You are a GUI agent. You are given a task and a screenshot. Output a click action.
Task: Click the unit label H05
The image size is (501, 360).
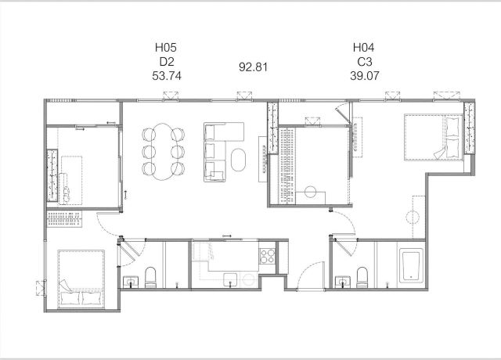pyautogui.click(x=166, y=48)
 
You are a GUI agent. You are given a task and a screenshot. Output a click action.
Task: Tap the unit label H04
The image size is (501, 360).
pyautogui.click(x=363, y=48)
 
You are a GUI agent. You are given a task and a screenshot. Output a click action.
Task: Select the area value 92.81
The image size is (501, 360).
pyautogui.click(x=253, y=67)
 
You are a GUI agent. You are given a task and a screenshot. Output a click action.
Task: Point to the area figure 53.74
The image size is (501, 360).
pyautogui.click(x=167, y=76)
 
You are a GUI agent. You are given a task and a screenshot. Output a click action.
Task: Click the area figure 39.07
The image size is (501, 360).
pyautogui.click(x=365, y=76)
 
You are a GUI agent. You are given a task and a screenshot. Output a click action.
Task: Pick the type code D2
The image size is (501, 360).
pyautogui.click(x=167, y=62)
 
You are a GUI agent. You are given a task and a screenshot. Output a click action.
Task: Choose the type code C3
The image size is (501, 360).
pyautogui.click(x=365, y=62)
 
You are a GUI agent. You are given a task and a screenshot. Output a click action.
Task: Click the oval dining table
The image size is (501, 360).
pyautogui.click(x=164, y=152)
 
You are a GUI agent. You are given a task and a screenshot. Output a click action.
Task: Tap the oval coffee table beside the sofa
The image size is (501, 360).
pyautogui.click(x=238, y=160)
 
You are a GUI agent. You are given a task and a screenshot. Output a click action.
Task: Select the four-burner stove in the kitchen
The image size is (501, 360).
pyautogui.click(x=267, y=256)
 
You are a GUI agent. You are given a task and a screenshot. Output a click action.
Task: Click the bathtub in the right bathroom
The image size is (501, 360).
pyautogui.click(x=410, y=266)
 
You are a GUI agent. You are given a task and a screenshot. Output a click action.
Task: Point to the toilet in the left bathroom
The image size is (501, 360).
pyautogui.click(x=150, y=277)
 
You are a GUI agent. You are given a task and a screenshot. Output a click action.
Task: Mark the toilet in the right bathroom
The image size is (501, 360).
pyautogui.click(x=362, y=277)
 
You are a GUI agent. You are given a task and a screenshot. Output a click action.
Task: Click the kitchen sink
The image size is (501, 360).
pyautogui.click(x=230, y=280)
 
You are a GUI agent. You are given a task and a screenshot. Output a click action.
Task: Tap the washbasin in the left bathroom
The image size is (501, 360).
pyautogui.click(x=131, y=281)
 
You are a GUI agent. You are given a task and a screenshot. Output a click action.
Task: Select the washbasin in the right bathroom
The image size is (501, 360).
pyautogui.click(x=343, y=282)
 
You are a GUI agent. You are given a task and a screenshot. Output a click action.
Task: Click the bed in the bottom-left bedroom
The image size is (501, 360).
pyautogui.click(x=81, y=279)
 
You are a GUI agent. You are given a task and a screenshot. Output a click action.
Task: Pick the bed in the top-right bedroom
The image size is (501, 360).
pyautogui.click(x=434, y=137)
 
